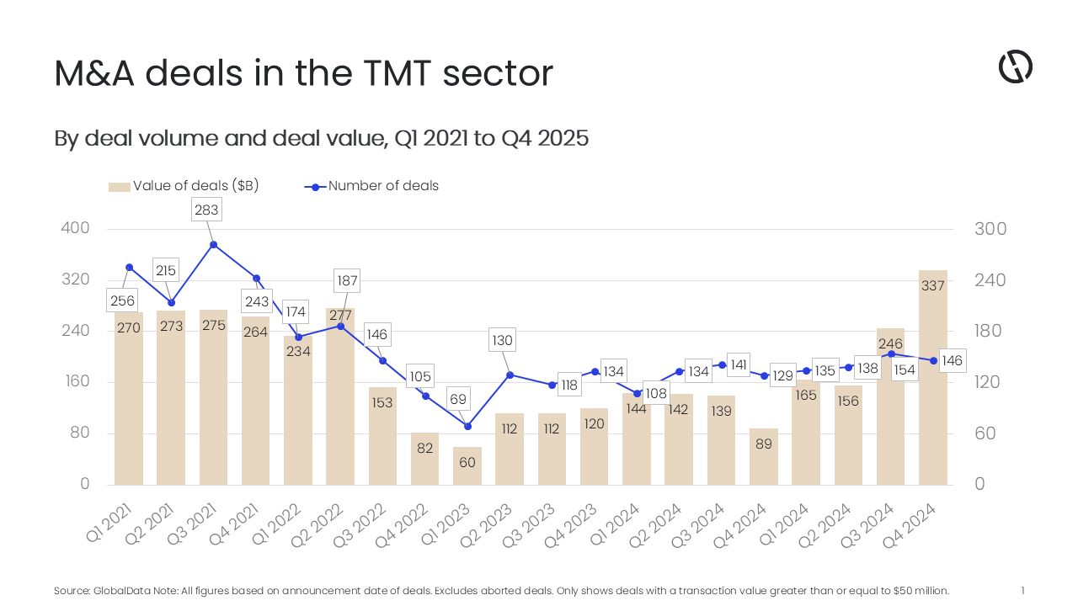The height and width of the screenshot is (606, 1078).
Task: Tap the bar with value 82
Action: click(424, 459)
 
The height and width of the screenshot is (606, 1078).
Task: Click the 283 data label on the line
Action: click(206, 210)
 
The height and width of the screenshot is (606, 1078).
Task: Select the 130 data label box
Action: click(502, 341)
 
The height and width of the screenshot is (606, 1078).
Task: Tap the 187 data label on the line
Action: click(347, 280)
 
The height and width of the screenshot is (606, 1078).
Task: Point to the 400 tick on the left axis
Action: click(75, 229)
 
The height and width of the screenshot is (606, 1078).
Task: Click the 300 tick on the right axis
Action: click(990, 229)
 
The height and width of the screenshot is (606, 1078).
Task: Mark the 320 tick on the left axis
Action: click(75, 280)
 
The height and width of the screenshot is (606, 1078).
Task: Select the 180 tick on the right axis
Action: click(990, 331)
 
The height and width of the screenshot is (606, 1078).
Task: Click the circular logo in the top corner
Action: click(1016, 66)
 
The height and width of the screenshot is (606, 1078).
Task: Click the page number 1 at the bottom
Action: click(1022, 591)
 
